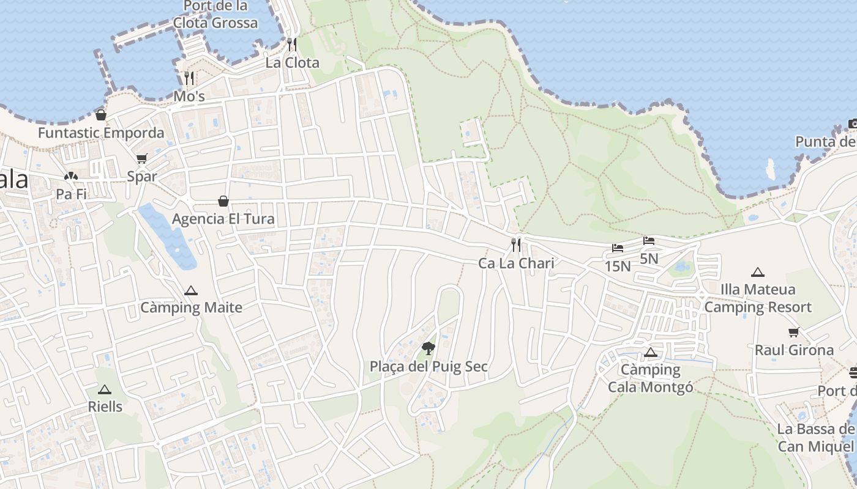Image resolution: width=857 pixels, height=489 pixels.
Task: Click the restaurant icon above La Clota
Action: (292, 44)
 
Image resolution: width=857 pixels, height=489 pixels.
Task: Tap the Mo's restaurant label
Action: (189, 97)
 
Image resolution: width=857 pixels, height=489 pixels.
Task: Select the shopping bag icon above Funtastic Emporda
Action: (101, 114)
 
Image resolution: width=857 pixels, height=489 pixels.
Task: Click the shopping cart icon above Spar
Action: (142, 159)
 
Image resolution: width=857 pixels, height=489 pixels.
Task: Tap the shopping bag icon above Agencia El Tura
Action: (223, 200)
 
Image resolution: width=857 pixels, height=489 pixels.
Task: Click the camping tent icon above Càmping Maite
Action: (191, 290)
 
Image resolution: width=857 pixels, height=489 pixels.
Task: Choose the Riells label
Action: (105, 406)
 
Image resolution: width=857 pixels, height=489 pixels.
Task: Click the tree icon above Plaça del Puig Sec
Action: (428, 348)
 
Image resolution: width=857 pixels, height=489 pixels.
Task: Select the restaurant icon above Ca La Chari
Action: (516, 245)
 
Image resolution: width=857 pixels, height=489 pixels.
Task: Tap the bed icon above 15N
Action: (618, 248)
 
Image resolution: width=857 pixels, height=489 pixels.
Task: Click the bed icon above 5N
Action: (649, 241)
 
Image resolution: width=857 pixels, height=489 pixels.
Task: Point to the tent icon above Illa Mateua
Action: (758, 272)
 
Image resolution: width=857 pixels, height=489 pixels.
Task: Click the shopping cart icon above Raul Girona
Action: (794, 333)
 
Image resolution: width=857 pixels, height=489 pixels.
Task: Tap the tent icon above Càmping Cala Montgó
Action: (650, 352)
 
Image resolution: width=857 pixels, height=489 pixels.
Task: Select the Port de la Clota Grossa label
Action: (215, 15)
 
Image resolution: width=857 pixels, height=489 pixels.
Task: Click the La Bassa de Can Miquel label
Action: (816, 438)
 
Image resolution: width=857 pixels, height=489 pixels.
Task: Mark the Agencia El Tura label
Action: (223, 219)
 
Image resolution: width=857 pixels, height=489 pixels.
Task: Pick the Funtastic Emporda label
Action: (101, 133)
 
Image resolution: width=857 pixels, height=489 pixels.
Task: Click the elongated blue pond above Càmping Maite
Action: (168, 235)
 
